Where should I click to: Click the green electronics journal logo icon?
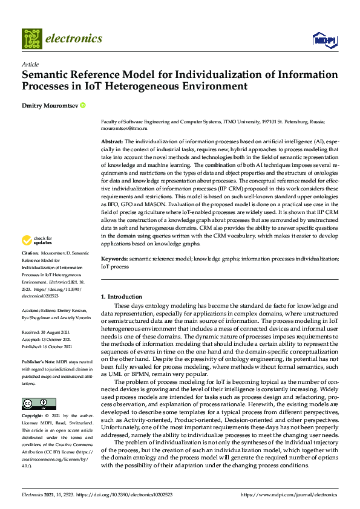point(32,39)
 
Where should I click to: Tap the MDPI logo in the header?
point(324,39)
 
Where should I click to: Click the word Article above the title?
point(30,64)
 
